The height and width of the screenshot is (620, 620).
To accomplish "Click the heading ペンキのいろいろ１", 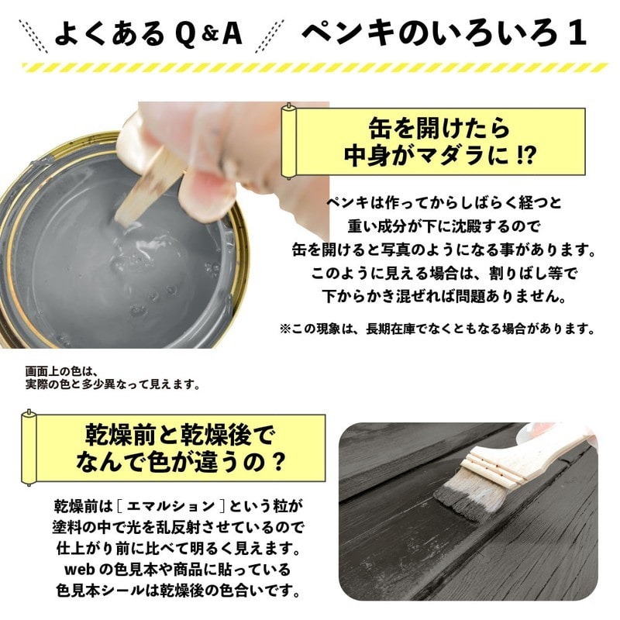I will point(443,33).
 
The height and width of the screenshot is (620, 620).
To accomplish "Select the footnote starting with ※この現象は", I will point(437,328).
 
